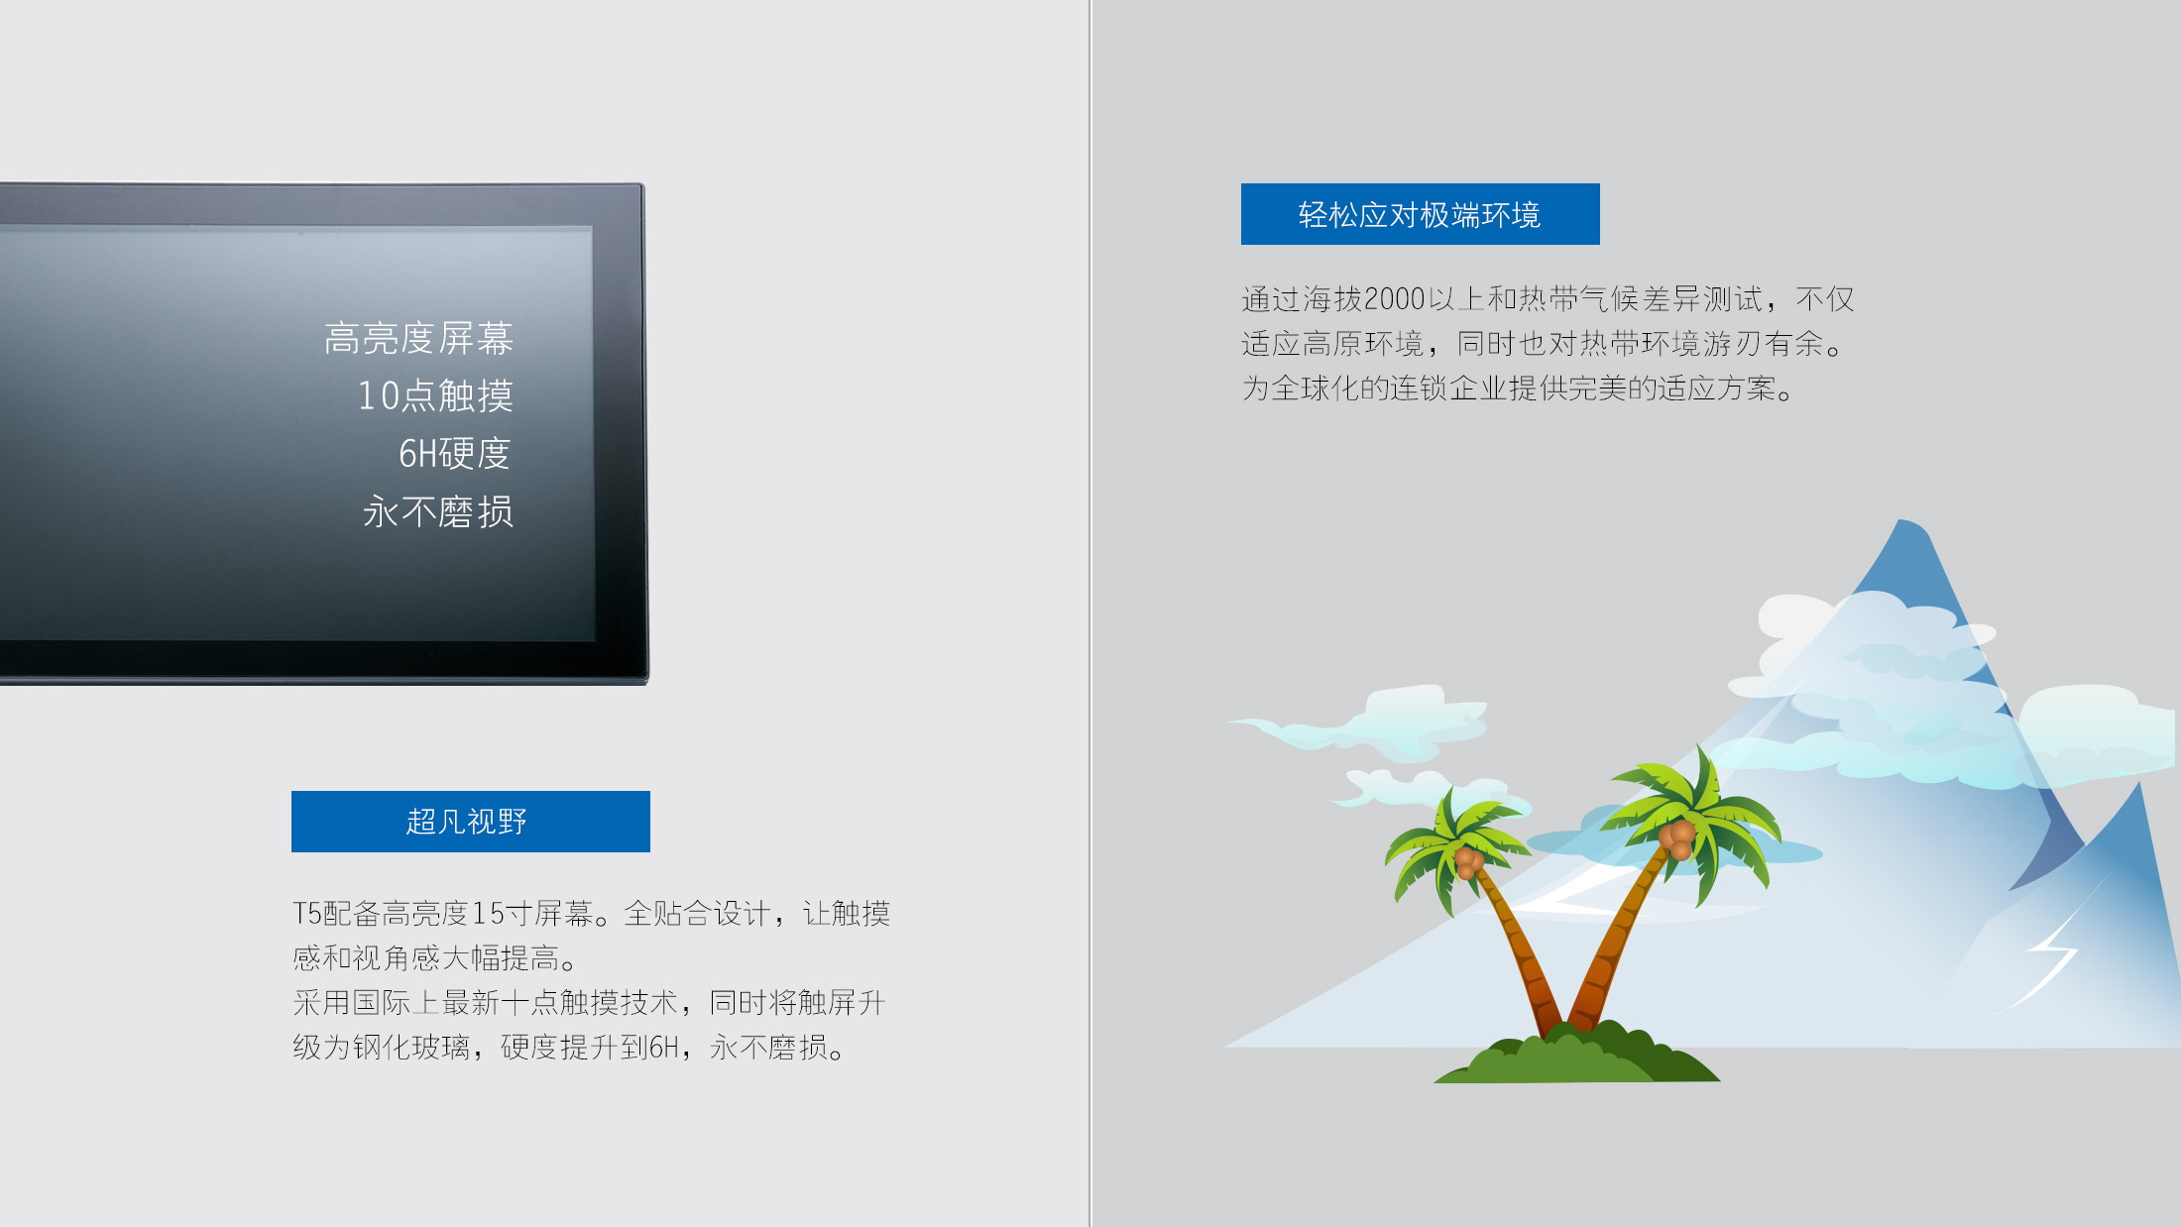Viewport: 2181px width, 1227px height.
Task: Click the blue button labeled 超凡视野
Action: (471, 822)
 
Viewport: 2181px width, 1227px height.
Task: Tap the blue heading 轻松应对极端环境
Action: (1420, 214)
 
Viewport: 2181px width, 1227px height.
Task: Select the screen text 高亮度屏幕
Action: (418, 338)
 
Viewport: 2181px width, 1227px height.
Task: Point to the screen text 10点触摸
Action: (435, 395)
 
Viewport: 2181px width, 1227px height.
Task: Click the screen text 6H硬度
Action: (455, 453)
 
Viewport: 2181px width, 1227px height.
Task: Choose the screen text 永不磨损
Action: (438, 511)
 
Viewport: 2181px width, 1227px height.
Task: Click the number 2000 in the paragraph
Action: (1395, 298)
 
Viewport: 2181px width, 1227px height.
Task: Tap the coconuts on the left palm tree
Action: (1468, 862)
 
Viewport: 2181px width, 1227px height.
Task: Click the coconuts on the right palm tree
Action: (1678, 838)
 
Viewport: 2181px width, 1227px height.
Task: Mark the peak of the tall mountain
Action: (1901, 521)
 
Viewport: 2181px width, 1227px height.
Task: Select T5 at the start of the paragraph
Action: (307, 913)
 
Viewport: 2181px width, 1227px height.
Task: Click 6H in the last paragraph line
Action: (664, 1047)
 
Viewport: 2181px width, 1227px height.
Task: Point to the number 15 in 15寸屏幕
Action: (488, 913)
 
